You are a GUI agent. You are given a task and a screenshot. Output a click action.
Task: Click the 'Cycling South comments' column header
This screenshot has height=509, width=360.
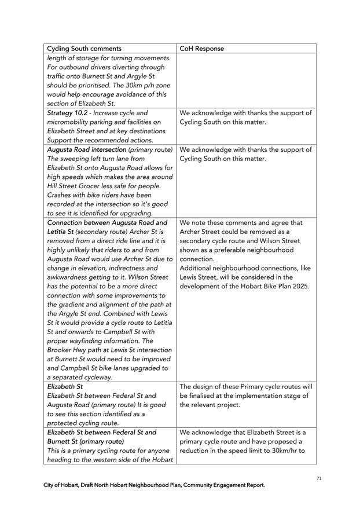click(84, 49)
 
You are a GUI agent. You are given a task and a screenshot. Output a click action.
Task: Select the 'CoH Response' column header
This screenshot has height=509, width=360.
click(201, 49)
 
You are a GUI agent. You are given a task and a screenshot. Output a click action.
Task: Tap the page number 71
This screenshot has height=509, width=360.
click(319, 478)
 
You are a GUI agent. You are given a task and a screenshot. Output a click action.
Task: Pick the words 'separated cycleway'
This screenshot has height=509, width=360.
click(80, 377)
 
